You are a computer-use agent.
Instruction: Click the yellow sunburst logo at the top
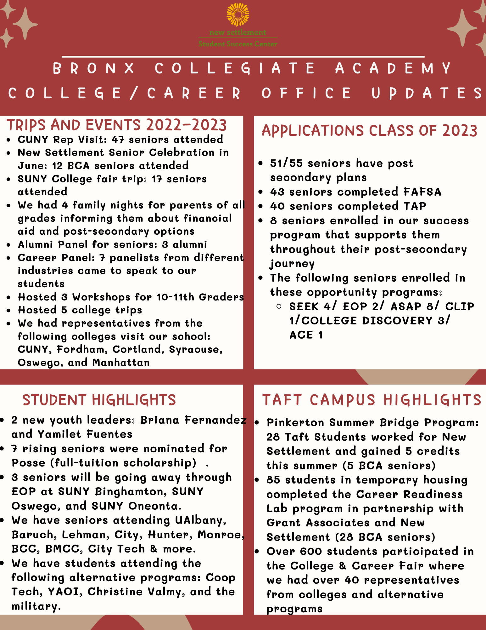(238, 14)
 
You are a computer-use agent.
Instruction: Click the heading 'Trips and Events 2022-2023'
(117, 125)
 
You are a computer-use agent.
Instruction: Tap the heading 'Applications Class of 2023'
(369, 131)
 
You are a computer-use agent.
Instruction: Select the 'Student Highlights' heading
(99, 400)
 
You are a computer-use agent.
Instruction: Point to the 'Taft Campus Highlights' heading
(372, 400)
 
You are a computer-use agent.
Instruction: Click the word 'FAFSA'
(422, 192)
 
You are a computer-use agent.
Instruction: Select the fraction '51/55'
(286, 163)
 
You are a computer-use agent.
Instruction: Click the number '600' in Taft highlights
(311, 552)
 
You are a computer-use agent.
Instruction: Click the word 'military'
(36, 606)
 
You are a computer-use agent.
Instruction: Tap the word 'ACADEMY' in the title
(393, 68)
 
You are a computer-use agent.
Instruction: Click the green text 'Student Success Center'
(238, 44)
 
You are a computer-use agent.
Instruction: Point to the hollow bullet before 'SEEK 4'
(279, 306)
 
